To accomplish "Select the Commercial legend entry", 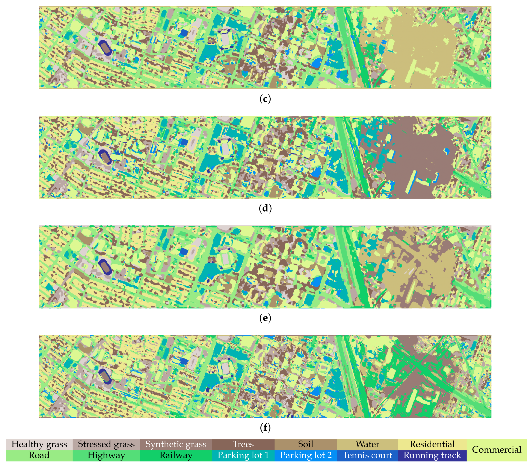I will pyautogui.click(x=496, y=450).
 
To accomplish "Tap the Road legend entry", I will pyautogui.click(x=39, y=455).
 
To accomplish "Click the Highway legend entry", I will pyautogui.click(x=106, y=455).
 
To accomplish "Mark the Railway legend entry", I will pyautogui.click(x=176, y=455).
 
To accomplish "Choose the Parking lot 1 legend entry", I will pyautogui.click(x=243, y=455).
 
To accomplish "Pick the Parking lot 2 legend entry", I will pyautogui.click(x=305, y=455).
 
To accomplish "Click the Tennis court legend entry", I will pyautogui.click(x=367, y=455).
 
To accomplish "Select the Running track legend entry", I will pyautogui.click(x=432, y=455).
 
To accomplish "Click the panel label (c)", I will pyautogui.click(x=265, y=99).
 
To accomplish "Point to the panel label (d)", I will pyautogui.click(x=265, y=209).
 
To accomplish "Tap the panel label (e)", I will pyautogui.click(x=265, y=318).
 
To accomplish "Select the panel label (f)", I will pyautogui.click(x=265, y=427).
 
